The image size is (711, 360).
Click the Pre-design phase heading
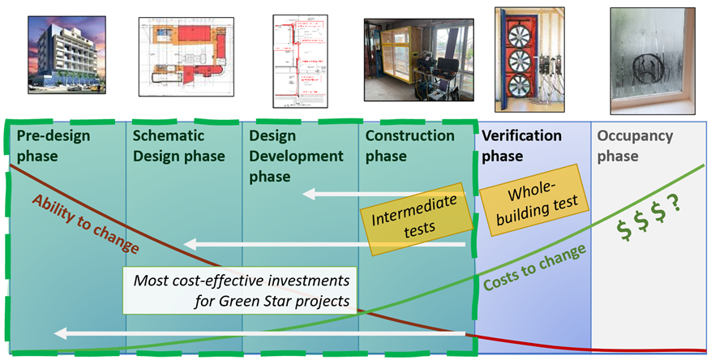pos(54,145)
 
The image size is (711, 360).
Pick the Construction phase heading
pos(409,145)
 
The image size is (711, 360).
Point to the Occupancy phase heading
pos(634,145)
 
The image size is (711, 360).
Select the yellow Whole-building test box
pos(531,195)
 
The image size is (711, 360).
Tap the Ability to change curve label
pos(84,224)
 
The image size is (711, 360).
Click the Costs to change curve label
pos(534,268)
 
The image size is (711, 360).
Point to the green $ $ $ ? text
pos(649,228)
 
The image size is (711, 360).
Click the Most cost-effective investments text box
pos(240,289)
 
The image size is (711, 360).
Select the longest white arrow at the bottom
pos(259,333)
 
